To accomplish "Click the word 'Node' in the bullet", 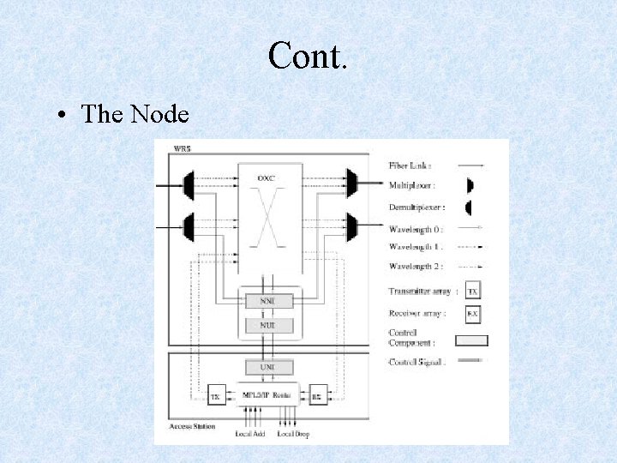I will coord(165,113).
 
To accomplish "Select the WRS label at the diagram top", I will coord(183,149).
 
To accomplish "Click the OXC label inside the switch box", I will coord(267,177).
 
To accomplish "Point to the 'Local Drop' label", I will coord(291,434).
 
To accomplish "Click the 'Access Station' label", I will coord(192,425).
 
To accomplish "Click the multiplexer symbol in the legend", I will coord(470,185).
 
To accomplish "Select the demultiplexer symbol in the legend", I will coord(470,207).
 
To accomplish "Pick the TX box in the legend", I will coord(472,292).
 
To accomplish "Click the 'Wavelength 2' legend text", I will coord(416,267).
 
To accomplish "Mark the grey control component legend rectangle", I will coord(471,340).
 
